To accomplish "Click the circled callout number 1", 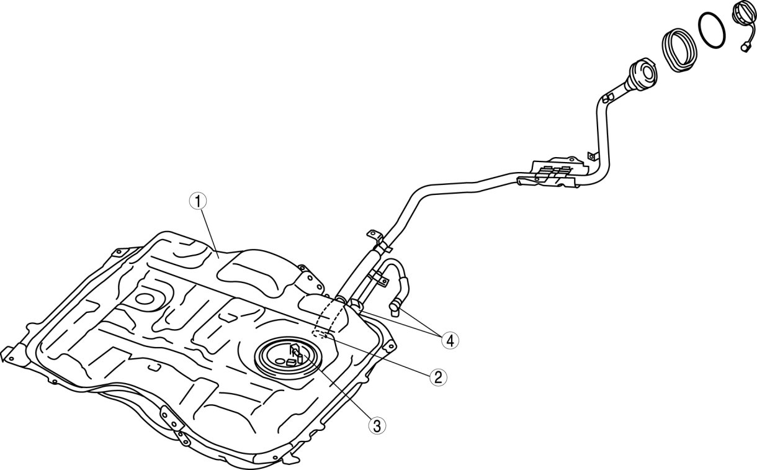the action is tap(197, 201).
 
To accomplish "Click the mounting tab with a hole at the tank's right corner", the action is tap(388, 343).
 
